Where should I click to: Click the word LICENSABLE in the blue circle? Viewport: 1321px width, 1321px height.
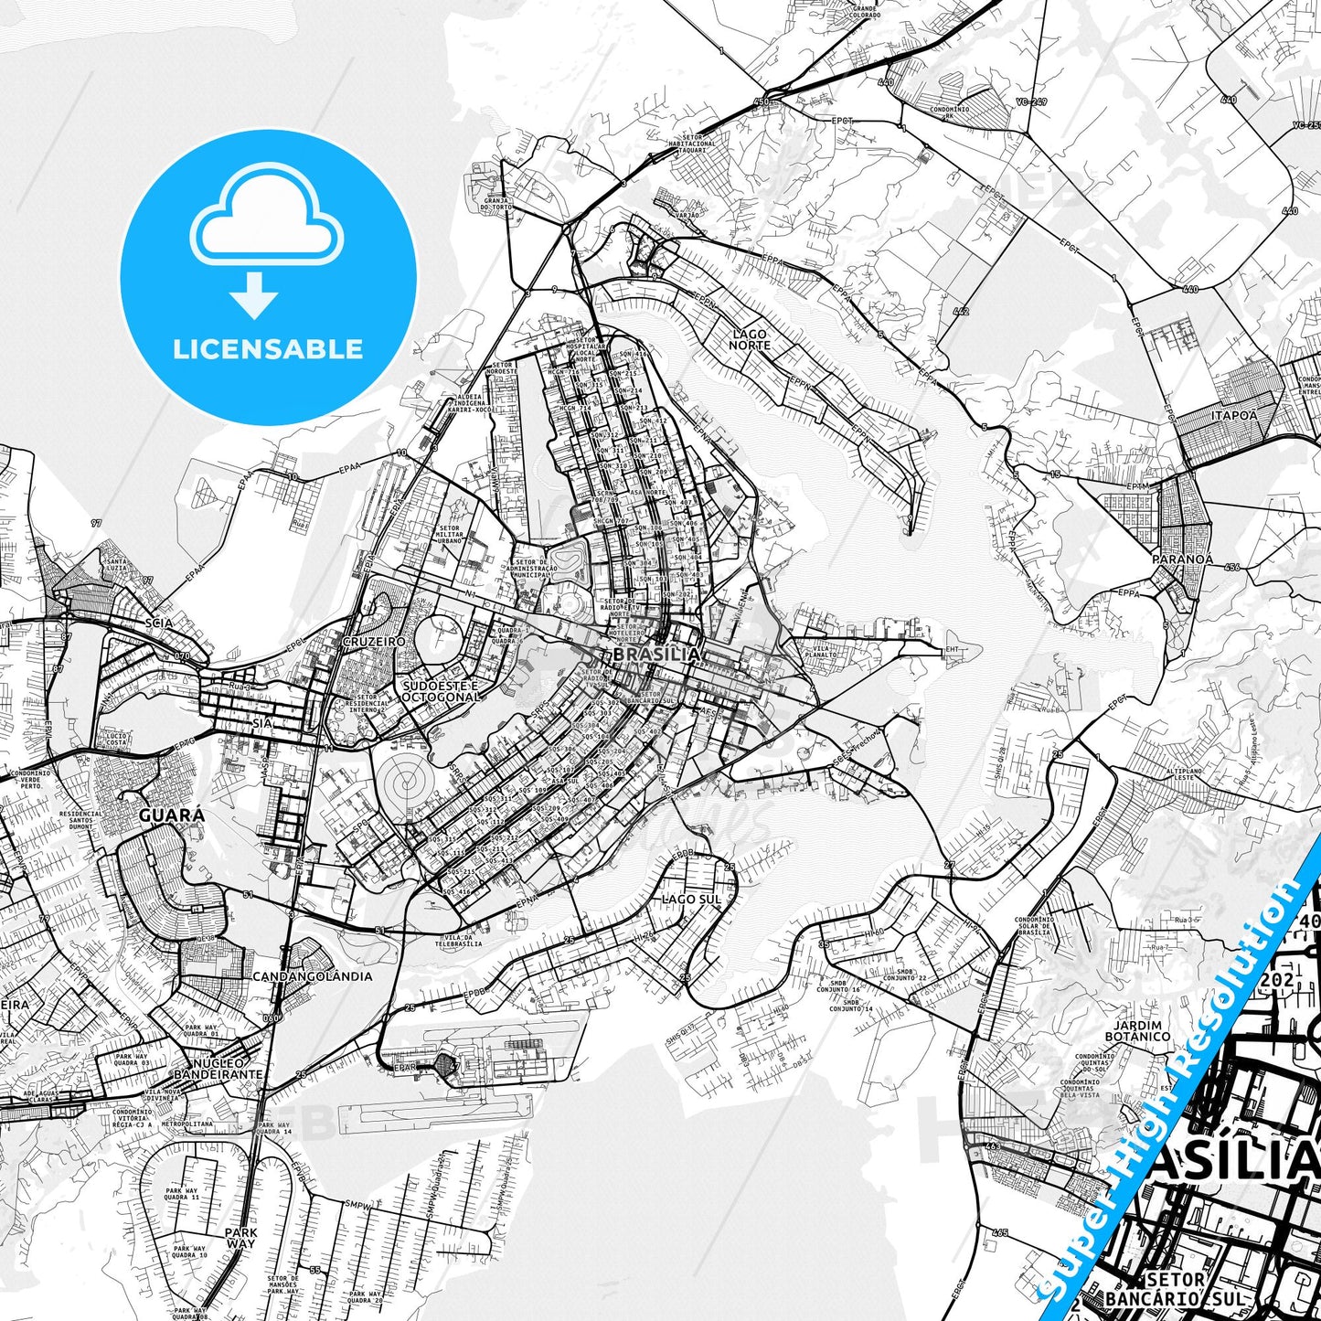click(268, 349)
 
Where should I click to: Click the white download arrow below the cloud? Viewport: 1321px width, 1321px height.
click(254, 295)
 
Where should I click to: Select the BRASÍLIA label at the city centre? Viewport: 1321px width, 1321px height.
click(656, 655)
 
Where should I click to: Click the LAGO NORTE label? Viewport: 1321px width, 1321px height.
click(750, 340)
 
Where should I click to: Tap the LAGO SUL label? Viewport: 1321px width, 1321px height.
click(691, 900)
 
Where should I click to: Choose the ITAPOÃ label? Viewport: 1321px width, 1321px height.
click(1233, 415)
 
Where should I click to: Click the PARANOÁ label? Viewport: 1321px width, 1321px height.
click(1182, 559)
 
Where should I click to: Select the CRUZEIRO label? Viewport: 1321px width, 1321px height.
click(373, 642)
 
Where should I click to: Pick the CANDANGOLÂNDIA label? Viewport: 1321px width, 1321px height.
click(313, 976)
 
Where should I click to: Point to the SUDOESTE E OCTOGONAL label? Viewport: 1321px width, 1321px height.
click(441, 691)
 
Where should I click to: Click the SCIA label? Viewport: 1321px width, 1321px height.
click(158, 623)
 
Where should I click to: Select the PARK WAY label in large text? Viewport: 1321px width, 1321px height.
click(241, 1238)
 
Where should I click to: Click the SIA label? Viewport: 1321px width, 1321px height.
click(261, 722)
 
